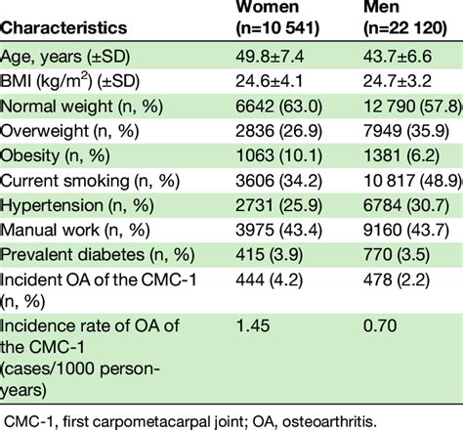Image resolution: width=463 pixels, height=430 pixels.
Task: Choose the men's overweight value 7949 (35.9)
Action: (397, 131)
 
